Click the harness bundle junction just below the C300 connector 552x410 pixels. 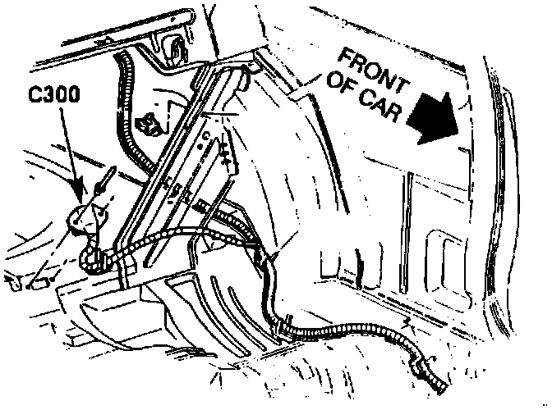tap(94, 259)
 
